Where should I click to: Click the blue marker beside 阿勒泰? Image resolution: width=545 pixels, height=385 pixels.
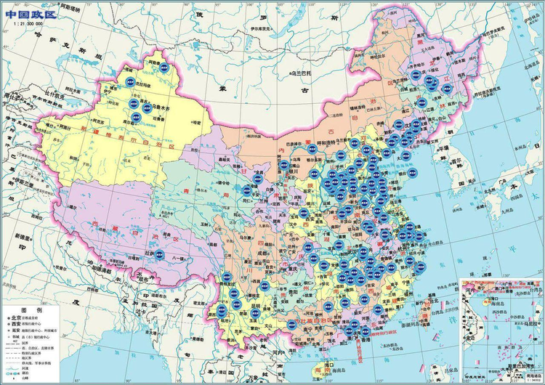[164, 68]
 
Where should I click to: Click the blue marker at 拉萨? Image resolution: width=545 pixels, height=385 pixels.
[159, 254]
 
